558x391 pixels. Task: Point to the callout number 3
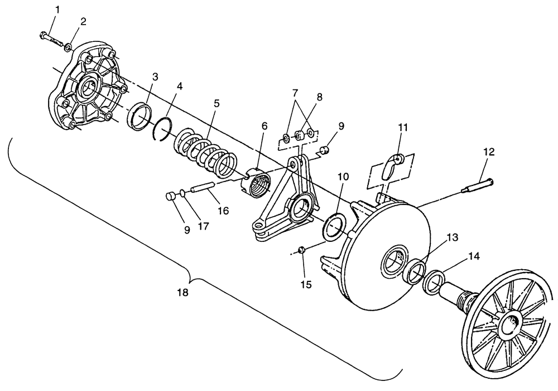[x=155, y=75]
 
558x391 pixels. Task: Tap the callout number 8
[x=318, y=96]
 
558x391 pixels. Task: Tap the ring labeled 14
[x=434, y=282]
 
